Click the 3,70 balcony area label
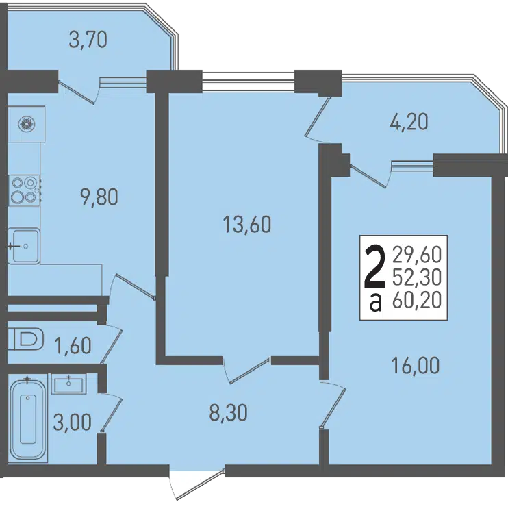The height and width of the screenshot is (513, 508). point(88,40)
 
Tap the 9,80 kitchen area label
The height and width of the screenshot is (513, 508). point(99,197)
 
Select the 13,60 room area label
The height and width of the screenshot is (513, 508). point(247,225)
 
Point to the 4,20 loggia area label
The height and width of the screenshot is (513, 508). point(409,122)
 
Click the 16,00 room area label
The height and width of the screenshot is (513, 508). point(416,366)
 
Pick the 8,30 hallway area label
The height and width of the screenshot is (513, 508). point(228,412)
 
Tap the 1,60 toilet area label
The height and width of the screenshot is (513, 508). point(73,346)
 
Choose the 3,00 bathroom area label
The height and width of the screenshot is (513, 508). point(73,423)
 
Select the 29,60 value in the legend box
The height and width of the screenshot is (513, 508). point(417,255)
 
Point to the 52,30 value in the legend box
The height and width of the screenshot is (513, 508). point(417,278)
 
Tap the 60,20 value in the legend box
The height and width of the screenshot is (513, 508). point(417,301)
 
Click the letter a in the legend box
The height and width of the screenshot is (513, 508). point(375,303)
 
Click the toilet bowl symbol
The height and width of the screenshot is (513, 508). point(25,339)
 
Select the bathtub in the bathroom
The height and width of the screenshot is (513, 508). point(28,418)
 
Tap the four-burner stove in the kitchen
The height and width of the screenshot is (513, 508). point(24,190)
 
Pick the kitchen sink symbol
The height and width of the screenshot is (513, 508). point(23,246)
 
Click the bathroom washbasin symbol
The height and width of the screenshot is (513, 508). point(68,384)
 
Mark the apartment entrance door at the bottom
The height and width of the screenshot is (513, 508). point(197,485)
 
